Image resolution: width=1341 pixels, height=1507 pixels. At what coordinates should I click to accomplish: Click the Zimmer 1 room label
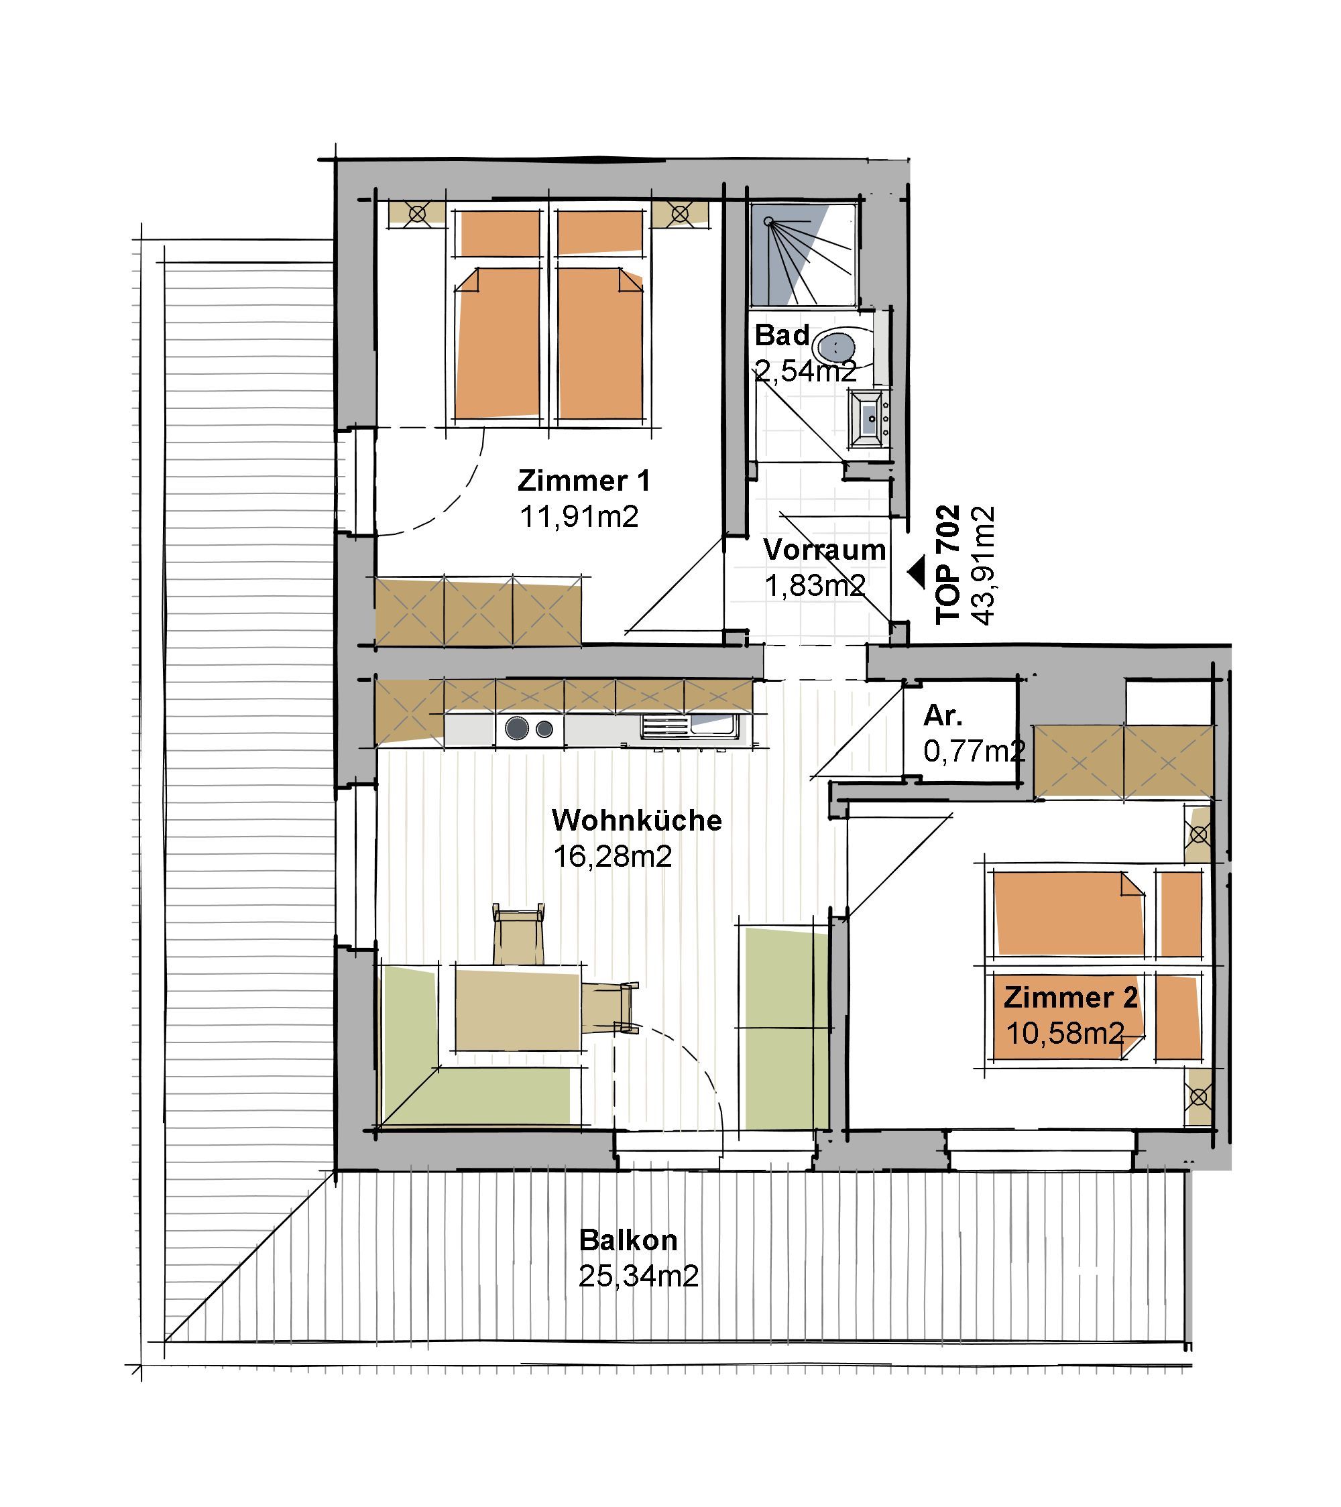(584, 481)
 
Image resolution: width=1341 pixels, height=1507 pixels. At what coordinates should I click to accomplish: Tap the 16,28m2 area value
(612, 857)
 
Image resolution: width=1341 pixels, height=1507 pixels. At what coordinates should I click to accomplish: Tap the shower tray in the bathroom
(803, 253)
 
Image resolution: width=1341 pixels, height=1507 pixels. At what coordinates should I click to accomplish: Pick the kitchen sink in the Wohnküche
(689, 727)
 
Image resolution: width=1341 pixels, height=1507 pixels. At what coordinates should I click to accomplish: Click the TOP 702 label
(948, 564)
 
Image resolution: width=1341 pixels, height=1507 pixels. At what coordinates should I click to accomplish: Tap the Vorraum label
(824, 550)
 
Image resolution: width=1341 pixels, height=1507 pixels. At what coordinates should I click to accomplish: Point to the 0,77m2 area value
(974, 751)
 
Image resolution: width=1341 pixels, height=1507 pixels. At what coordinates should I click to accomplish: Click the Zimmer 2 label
(1070, 998)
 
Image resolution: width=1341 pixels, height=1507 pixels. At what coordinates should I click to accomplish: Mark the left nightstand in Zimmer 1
(417, 214)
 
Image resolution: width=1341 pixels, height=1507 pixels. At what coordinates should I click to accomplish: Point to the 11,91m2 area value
(579, 516)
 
